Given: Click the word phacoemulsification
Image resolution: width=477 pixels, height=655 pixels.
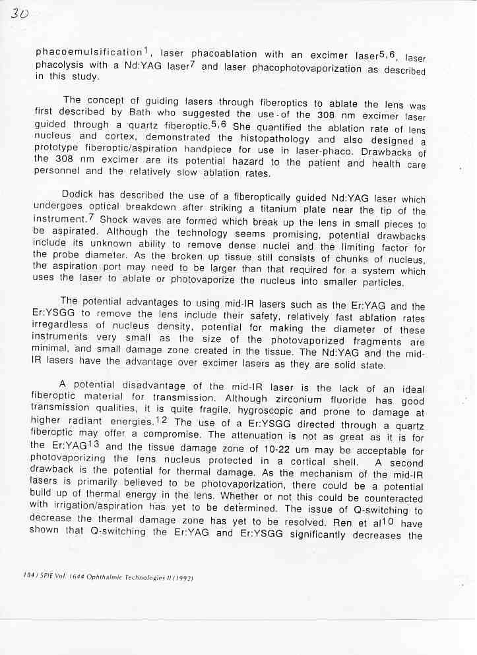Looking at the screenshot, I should point(89,52).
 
